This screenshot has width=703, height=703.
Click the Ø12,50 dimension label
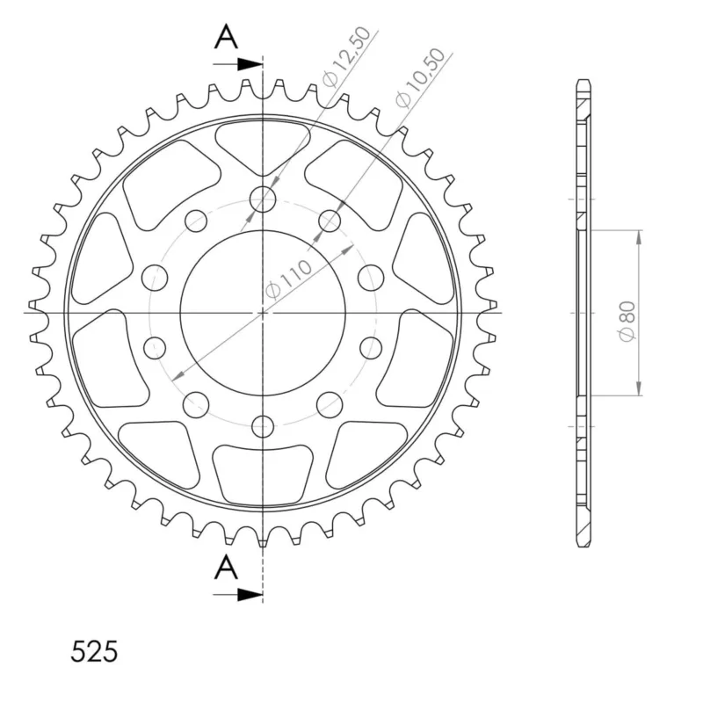[x=347, y=56]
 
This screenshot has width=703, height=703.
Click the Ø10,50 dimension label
[x=421, y=77]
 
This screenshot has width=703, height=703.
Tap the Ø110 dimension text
[x=288, y=279]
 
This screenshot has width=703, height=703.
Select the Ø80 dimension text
[x=627, y=321]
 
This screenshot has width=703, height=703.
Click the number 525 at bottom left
[x=94, y=651]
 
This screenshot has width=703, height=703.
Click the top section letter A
[x=226, y=37]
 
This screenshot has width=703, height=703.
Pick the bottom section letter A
[x=226, y=567]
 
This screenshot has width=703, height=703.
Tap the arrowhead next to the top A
[x=250, y=64]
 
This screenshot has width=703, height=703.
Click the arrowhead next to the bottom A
[x=250, y=595]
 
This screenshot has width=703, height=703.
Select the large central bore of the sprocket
[x=263, y=313]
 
